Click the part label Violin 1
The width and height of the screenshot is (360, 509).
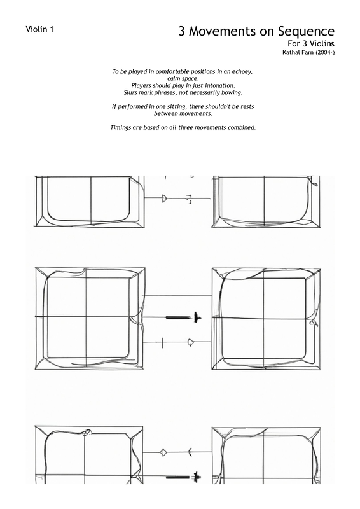click(x=39, y=29)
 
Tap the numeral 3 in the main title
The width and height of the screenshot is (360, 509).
click(x=182, y=31)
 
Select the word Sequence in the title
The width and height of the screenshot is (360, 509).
click(x=306, y=31)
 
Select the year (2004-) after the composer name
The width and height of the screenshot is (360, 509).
click(x=325, y=52)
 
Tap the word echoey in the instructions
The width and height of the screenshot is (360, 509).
click(x=242, y=72)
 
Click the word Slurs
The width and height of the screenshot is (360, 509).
click(x=130, y=92)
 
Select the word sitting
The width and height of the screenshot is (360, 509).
click(x=176, y=107)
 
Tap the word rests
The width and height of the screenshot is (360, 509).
click(x=247, y=106)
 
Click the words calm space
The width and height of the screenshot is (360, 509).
click(x=183, y=79)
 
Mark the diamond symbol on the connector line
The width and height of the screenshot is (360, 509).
click(x=163, y=452)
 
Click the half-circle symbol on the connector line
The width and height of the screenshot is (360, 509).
click(x=164, y=198)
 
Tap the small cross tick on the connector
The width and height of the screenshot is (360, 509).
click(x=162, y=342)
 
